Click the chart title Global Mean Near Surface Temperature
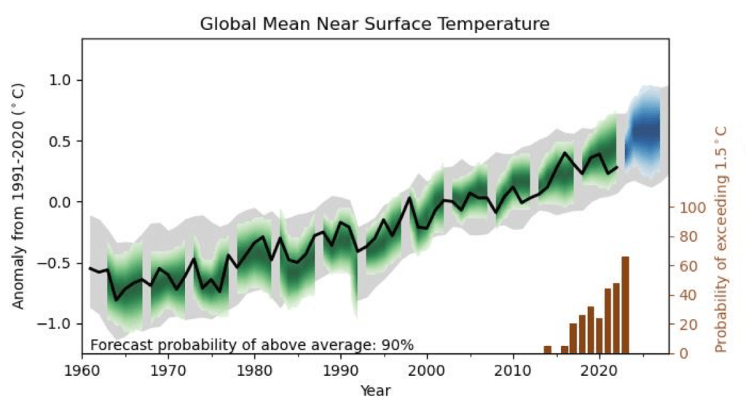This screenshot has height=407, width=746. [374, 24]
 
